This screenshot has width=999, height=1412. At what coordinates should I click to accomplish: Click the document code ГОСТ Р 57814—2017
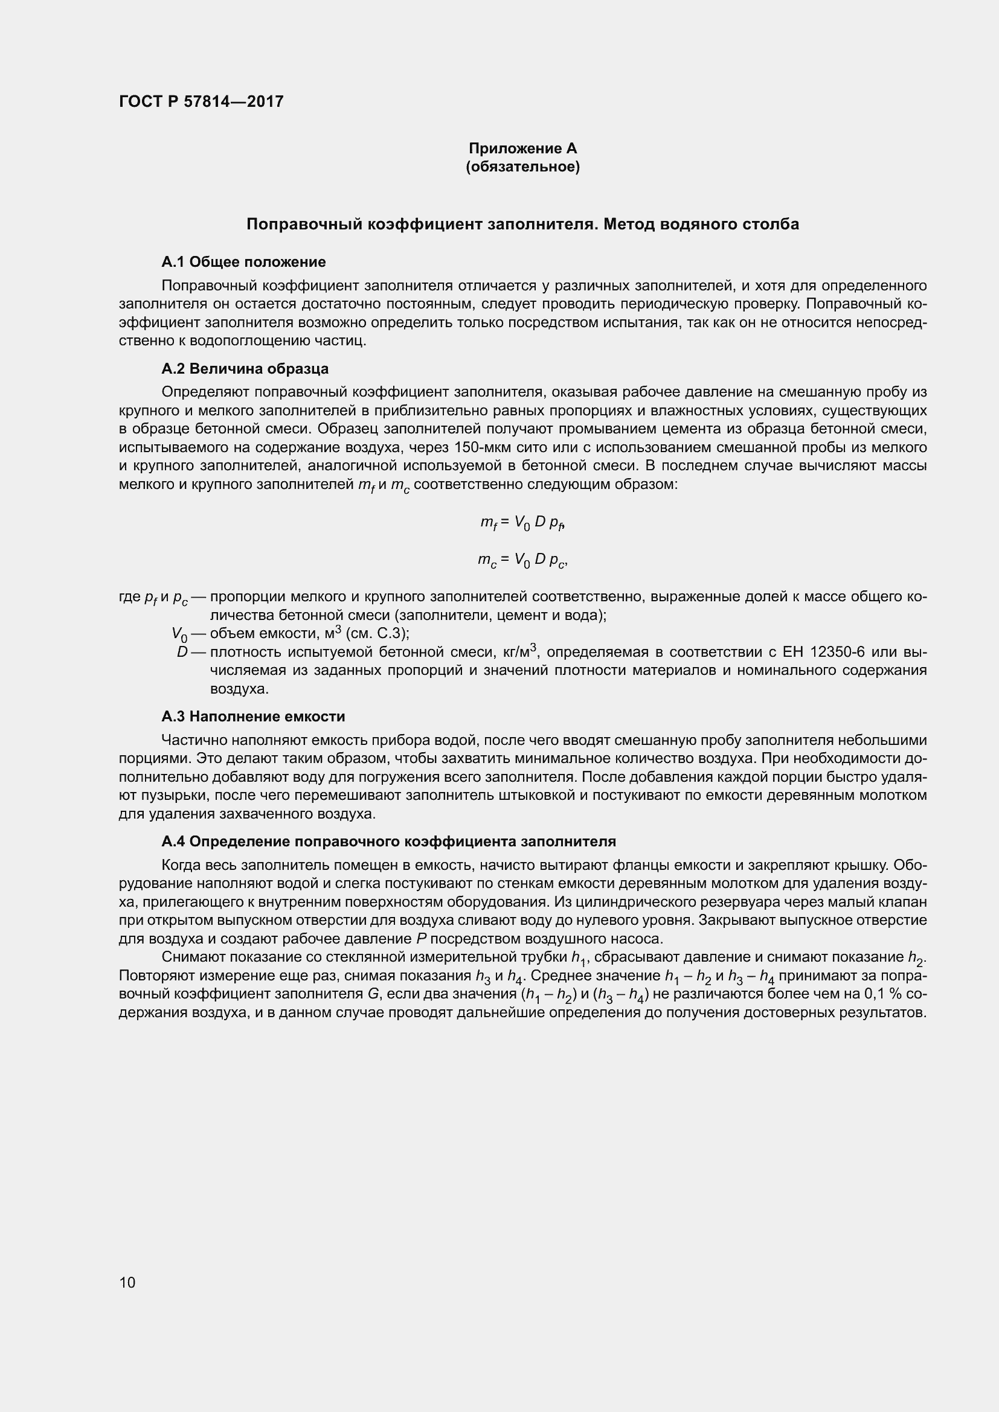point(201,101)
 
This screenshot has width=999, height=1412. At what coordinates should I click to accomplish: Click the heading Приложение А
point(522,149)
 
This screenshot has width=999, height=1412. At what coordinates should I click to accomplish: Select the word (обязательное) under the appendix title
point(522,167)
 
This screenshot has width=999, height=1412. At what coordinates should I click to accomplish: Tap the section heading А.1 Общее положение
point(243,262)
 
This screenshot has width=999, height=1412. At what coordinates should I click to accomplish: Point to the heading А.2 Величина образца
point(245,368)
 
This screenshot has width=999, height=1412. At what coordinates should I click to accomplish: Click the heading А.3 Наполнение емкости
point(253,717)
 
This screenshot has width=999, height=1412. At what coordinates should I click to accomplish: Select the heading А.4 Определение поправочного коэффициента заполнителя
point(388,842)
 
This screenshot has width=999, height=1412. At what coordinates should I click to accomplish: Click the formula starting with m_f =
point(522,523)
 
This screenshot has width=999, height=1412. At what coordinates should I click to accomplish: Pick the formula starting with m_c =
point(522,560)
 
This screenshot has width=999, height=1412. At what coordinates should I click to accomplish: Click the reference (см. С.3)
point(376,633)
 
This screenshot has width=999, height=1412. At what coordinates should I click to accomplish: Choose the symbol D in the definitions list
point(182,652)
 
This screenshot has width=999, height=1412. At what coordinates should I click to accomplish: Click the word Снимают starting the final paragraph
point(189,957)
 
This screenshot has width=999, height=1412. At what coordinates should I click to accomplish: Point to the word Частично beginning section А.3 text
point(188,740)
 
